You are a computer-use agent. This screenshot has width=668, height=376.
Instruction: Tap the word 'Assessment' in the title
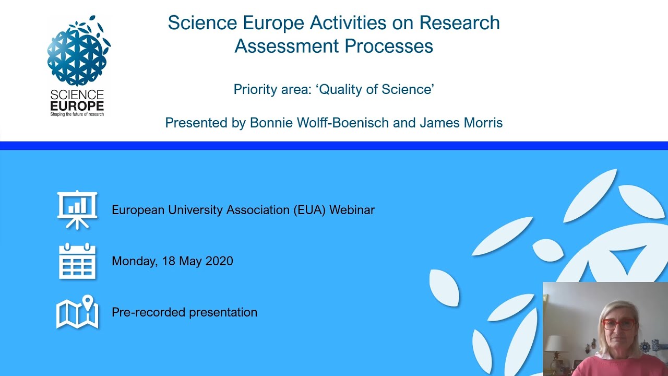click(285, 46)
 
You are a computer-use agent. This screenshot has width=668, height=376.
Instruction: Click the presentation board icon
click(77, 209)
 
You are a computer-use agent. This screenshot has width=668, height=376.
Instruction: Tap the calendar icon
click(77, 261)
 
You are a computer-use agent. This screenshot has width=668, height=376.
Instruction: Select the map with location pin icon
click(77, 312)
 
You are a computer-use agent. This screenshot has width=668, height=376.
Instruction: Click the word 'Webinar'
click(352, 210)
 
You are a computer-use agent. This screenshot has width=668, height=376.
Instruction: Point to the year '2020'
click(219, 261)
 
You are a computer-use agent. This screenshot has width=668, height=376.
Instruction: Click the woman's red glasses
click(619, 324)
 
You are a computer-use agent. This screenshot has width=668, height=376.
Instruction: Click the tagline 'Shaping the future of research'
click(77, 114)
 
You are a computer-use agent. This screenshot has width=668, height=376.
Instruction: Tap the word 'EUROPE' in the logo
click(77, 105)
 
